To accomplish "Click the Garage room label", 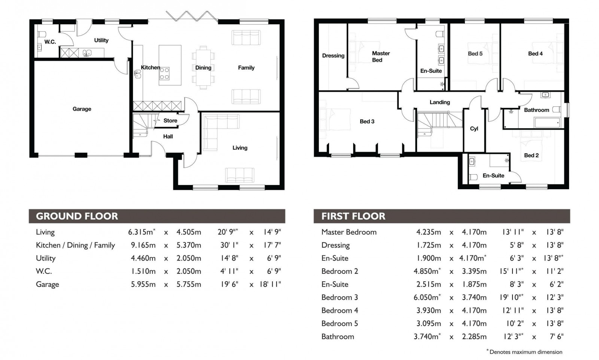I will (x=82, y=109).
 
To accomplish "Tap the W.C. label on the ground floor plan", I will (x=50, y=42).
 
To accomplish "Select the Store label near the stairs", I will (x=170, y=121).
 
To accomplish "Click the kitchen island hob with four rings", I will (x=164, y=73).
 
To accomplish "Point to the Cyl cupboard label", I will (x=474, y=128).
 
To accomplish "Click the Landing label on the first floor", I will (x=440, y=102).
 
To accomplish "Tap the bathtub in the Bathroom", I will (x=547, y=122).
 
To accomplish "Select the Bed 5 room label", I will (x=475, y=54).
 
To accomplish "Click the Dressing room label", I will (x=333, y=56).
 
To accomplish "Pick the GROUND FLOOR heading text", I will (x=77, y=216).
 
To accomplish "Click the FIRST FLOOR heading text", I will (x=353, y=216).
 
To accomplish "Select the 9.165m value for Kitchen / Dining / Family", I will (x=143, y=245).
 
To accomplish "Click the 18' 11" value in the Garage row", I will (x=270, y=284).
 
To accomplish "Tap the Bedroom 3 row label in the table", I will (x=339, y=297).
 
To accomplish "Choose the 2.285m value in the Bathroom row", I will (x=474, y=336).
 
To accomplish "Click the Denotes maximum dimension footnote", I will (x=525, y=352).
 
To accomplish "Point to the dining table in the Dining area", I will (x=203, y=67).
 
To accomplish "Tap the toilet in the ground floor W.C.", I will (x=41, y=34).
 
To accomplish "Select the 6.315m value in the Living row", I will (x=141, y=232).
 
